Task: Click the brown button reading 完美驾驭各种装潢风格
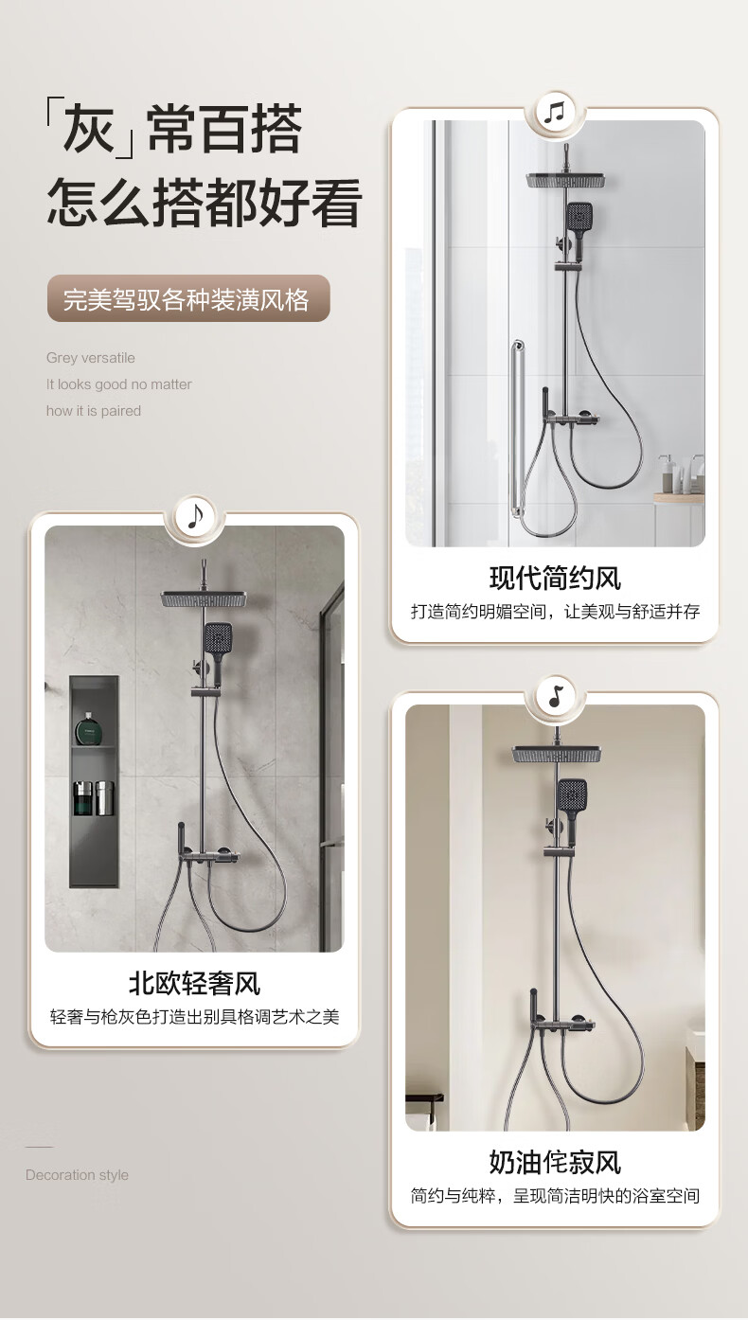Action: [x=188, y=299]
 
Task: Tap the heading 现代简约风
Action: [x=555, y=578]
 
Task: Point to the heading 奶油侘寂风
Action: [x=555, y=1163]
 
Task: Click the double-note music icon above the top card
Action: [x=554, y=113]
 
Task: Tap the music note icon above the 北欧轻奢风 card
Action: [x=194, y=517]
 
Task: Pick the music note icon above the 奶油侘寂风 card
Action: [x=555, y=697]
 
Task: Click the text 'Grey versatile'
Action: [x=91, y=358]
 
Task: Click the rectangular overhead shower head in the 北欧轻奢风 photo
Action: [x=204, y=600]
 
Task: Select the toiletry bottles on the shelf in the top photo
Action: [x=681, y=474]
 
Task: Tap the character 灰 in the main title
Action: [x=90, y=128]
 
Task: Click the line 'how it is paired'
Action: [x=94, y=411]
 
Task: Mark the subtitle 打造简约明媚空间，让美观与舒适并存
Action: [x=555, y=612]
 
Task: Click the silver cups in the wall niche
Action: [x=95, y=798]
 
